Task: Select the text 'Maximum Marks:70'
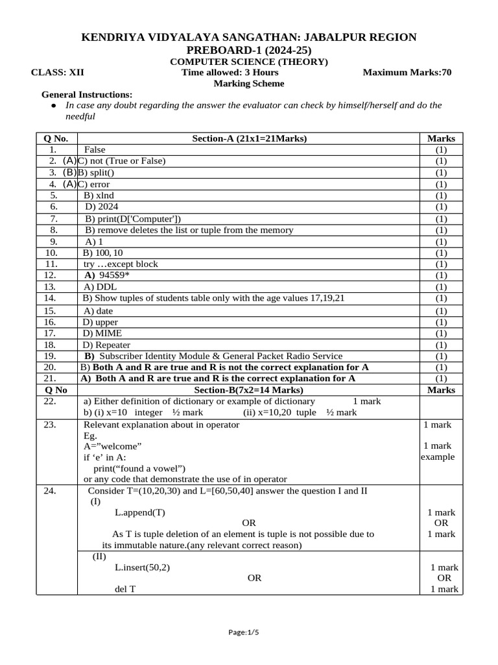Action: point(407,72)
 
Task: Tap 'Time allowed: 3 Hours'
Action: point(230,72)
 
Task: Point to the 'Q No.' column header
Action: point(56,138)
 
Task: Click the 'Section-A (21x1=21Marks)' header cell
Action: point(249,138)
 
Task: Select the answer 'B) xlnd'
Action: point(99,195)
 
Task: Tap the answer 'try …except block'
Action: point(121,264)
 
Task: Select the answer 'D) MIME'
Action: point(102,333)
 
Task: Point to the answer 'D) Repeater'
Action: point(106,345)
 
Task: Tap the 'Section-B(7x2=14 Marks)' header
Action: point(249,390)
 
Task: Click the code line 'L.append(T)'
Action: point(140,512)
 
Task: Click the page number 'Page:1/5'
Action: point(249,632)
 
